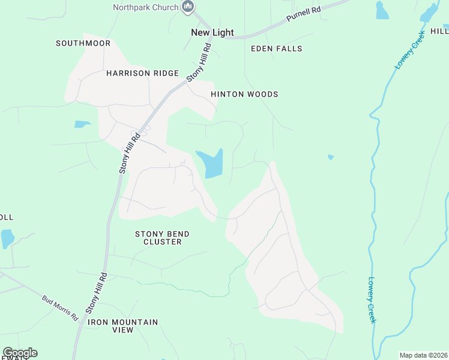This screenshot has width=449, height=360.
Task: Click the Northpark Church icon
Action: point(188,7)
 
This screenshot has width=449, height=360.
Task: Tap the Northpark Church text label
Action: point(146,7)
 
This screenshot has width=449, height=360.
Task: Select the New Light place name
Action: point(212,32)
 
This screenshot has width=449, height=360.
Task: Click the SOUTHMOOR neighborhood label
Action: point(83,43)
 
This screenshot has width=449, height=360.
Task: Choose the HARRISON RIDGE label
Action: point(142,73)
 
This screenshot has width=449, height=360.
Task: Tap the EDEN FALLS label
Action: point(276,49)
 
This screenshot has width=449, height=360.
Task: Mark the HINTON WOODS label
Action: point(244,94)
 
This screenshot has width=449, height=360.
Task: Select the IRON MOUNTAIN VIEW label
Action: point(123,326)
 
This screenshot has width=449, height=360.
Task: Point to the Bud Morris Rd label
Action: point(60,307)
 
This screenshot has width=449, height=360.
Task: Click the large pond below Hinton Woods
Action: point(211,163)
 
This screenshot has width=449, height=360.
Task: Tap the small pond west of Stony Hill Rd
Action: point(82,124)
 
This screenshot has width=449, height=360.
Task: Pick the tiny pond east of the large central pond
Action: point(331,157)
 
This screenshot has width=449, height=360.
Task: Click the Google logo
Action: point(20,353)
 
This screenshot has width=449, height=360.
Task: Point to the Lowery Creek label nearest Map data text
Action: point(372,299)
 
